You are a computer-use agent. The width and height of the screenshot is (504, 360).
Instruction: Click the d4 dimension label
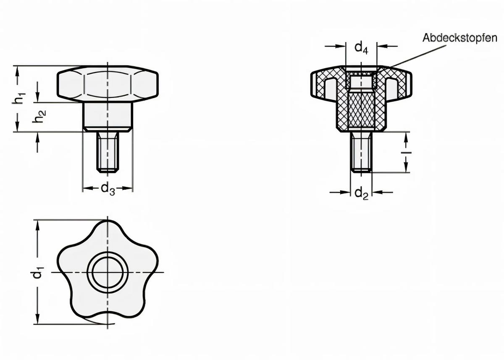361,47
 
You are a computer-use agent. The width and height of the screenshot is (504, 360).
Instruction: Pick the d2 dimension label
361,193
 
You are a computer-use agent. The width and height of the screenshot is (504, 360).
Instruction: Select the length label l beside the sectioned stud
406,152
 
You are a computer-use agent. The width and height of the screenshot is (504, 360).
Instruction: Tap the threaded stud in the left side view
108,151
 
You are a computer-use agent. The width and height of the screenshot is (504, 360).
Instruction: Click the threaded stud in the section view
361,151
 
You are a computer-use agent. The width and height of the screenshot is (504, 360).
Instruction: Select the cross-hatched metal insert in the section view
361,109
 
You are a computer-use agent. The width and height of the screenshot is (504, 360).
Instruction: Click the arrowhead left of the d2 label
346,192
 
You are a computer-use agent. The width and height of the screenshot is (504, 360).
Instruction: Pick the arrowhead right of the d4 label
381,46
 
